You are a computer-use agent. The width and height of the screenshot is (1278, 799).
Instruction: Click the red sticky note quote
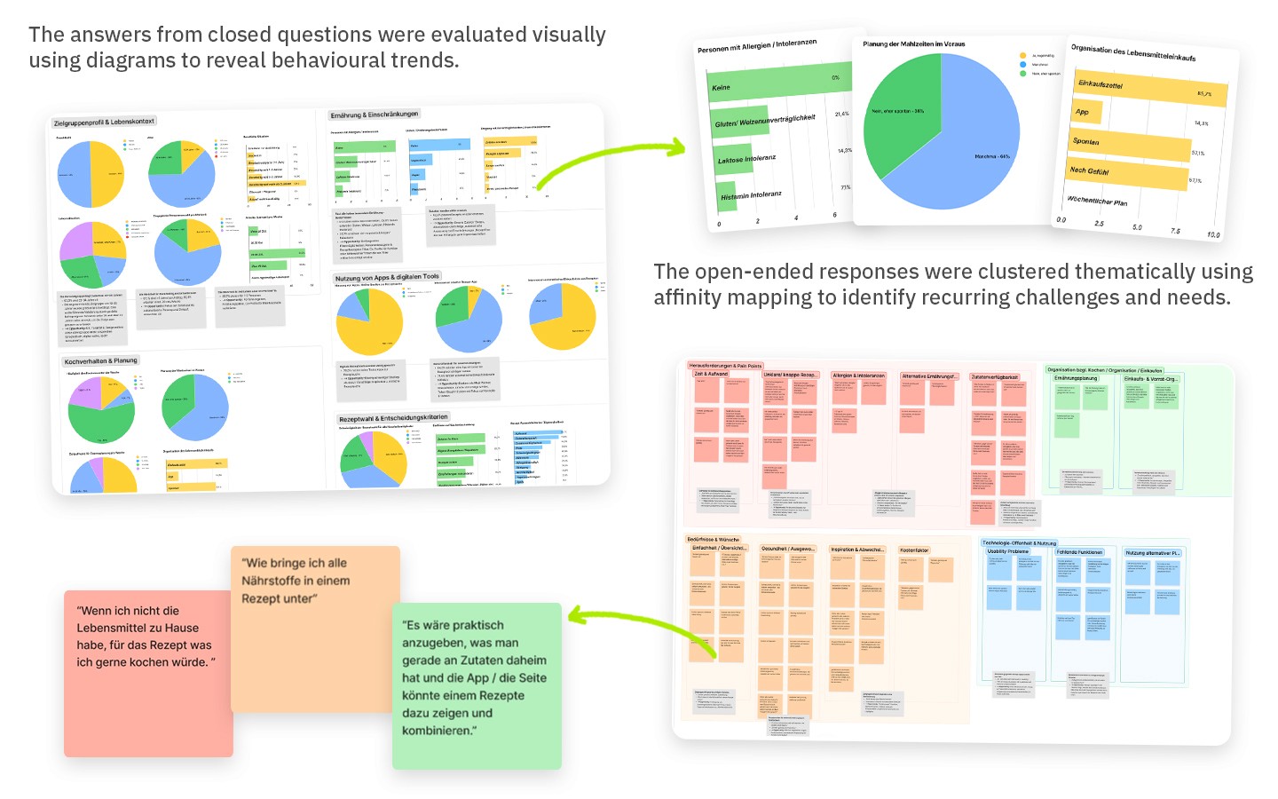[x=147, y=673]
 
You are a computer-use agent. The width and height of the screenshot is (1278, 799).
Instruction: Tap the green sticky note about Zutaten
[x=477, y=685]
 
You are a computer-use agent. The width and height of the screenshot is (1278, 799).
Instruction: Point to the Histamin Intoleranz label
[x=751, y=195]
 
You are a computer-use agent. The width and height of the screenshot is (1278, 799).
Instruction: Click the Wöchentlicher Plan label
[x=1097, y=202]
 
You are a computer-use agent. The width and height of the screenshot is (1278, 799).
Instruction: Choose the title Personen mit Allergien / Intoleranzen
[x=757, y=45]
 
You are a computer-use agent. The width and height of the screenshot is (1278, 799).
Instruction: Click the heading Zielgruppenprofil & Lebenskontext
[x=104, y=123]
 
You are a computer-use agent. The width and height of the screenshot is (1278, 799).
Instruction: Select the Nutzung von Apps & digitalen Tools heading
[x=387, y=278]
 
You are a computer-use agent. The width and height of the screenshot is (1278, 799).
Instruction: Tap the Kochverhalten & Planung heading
[x=101, y=361]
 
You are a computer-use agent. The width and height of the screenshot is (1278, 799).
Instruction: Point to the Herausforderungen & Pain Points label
[x=725, y=366]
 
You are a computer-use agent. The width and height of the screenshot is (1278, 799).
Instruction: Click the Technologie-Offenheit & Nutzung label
[x=1019, y=542]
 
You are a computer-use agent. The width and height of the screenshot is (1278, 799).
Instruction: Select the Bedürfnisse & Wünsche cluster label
[x=713, y=539]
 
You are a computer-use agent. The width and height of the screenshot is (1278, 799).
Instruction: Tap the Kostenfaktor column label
[x=914, y=550]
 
